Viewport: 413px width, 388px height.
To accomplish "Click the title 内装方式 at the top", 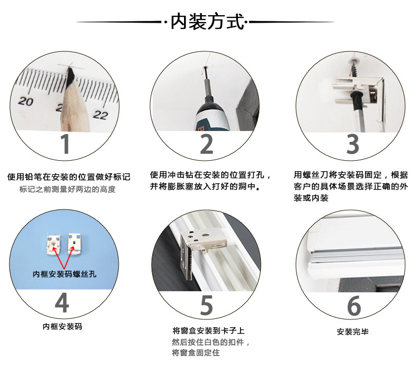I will tap(206, 22).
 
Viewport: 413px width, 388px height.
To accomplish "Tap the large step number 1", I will tap(65, 143).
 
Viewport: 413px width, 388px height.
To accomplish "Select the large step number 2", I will tap(206, 143).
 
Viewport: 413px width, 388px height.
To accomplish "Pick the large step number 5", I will tap(207, 304).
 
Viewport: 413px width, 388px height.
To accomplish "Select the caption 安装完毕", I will tap(353, 332).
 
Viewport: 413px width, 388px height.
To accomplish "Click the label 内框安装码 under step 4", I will tap(62, 327).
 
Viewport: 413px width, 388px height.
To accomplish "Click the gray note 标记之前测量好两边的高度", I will tap(67, 190).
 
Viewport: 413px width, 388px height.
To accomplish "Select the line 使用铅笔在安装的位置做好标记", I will tap(68, 177).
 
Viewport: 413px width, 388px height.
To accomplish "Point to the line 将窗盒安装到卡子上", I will tap(208, 331).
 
